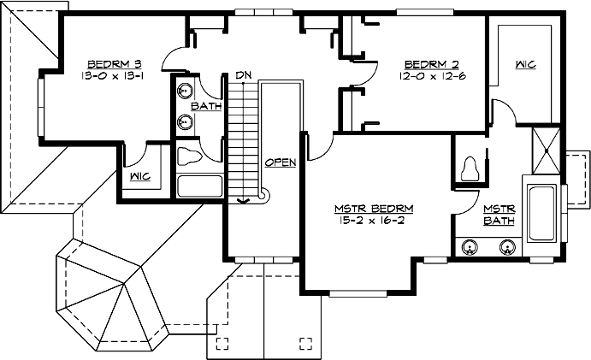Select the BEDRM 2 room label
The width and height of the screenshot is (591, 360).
coord(426,64)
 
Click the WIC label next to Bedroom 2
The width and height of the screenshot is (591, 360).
coord(525,65)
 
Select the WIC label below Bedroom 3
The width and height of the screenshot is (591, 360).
coord(141,176)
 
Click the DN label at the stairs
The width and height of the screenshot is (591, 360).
coord(244,76)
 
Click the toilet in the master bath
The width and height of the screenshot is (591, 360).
coord(469,168)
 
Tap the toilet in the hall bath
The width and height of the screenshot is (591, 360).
coord(189,156)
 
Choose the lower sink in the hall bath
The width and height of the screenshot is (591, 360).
coord(183,122)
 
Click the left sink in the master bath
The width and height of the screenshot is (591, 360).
coord(470,249)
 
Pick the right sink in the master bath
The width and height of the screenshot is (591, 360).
coord(507,249)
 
